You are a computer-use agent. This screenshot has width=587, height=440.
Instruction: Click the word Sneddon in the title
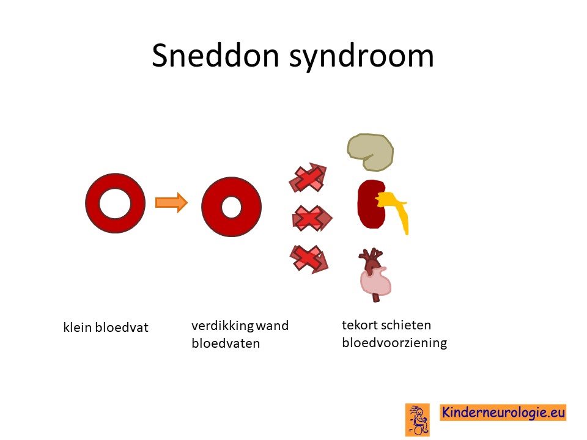pyautogui.click(x=215, y=56)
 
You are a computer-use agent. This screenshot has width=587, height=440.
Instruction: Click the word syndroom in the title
pyautogui.click(x=361, y=57)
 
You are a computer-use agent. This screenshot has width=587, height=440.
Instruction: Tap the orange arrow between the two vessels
pyautogui.click(x=171, y=202)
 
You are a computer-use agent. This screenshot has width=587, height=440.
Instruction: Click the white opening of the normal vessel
pyautogui.click(x=115, y=203)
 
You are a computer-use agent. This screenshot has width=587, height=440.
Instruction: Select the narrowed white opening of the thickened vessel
pyautogui.click(x=231, y=207)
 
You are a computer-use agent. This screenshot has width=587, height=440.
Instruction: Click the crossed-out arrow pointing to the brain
pyautogui.click(x=308, y=177)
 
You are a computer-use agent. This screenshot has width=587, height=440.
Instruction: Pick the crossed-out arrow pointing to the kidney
pyautogui.click(x=312, y=218)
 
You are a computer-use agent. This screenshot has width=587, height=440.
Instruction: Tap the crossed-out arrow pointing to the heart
pyautogui.click(x=309, y=259)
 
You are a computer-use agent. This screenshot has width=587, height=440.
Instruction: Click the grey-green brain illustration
pyautogui.click(x=370, y=152)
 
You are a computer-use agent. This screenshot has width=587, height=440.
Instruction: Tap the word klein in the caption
pyautogui.click(x=78, y=328)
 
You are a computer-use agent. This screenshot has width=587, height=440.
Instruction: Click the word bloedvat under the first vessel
pyautogui.click(x=122, y=328)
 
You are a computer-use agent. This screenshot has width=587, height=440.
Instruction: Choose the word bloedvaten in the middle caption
pyautogui.click(x=226, y=343)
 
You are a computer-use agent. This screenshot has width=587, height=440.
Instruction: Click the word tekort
pyautogui.click(x=360, y=324)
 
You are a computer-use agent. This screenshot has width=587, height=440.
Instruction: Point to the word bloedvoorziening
pyautogui.click(x=394, y=343)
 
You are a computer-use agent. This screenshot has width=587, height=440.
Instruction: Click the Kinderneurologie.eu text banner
pyautogui.click(x=503, y=413)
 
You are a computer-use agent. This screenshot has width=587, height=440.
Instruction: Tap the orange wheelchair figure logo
pyautogui.click(x=418, y=420)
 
